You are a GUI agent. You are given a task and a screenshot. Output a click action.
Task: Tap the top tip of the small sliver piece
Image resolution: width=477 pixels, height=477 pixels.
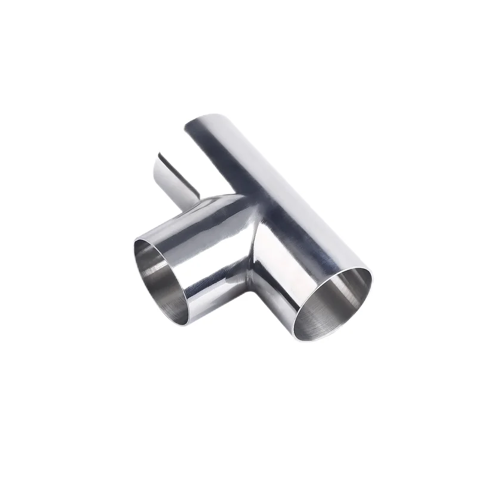tap(159, 154)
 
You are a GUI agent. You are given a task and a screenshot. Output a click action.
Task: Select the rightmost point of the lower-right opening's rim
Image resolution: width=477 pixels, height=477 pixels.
tap(372, 280)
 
